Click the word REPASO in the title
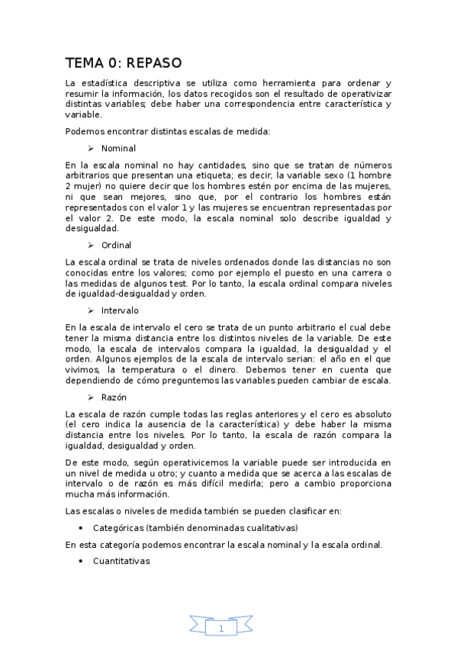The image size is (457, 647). click(149, 63)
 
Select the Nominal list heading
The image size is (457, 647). click(118, 148)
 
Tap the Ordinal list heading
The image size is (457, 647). click(116, 245)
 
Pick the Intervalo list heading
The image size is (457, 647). click(120, 311)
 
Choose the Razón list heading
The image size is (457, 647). click(114, 398)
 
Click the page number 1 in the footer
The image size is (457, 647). click(221, 629)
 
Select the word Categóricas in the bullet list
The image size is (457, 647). click(119, 528)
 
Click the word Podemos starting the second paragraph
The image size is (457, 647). click(85, 131)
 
